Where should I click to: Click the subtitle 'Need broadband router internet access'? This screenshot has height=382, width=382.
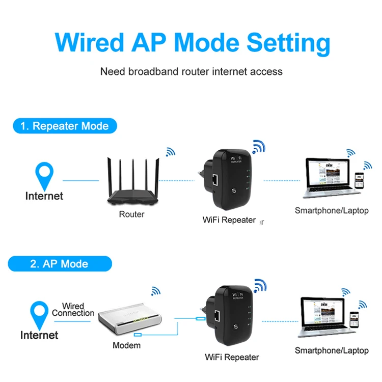191,71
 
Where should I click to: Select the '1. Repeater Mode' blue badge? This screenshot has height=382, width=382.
64,126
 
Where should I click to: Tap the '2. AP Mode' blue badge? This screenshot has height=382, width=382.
59,264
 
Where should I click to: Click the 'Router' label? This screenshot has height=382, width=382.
131,214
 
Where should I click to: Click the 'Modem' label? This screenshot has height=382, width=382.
127,345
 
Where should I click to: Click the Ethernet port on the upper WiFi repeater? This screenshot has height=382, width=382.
215,179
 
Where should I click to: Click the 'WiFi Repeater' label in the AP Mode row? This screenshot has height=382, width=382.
232,357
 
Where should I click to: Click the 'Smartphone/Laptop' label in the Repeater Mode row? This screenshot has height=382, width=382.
332,210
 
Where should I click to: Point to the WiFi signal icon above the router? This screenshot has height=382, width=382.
170,152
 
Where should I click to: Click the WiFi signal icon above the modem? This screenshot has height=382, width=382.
155,291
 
